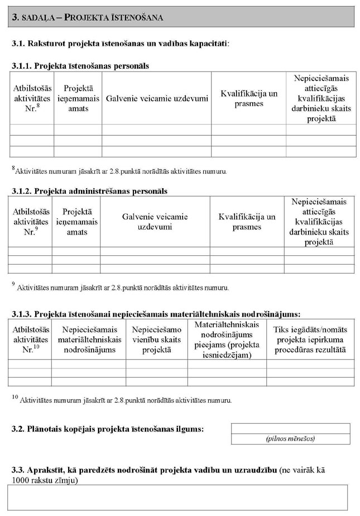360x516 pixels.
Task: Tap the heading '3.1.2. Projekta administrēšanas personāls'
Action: [89, 191]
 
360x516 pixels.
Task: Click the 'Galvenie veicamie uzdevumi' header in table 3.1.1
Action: [156, 98]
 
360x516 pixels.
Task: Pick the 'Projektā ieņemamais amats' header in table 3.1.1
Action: [78, 98]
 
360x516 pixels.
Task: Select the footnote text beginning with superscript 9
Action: [120, 288]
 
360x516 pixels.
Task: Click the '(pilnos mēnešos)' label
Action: [290, 439]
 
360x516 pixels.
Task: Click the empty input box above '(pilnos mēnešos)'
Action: [290, 428]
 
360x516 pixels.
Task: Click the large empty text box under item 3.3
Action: [177, 497]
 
